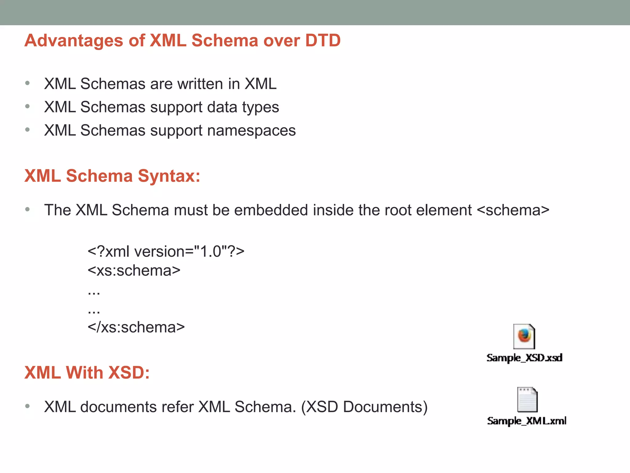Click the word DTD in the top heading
tap(323, 40)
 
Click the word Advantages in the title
tap(74, 40)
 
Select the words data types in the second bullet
tap(243, 107)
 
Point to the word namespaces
tap(251, 131)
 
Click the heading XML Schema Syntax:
tap(112, 176)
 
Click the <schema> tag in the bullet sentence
tap(513, 210)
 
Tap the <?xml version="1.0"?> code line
tap(166, 252)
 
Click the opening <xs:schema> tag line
tap(134, 271)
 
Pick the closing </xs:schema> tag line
tap(136, 327)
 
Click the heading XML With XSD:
tap(87, 373)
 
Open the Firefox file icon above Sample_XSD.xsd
tap(524, 336)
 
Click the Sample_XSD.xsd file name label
tap(524, 358)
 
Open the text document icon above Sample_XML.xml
tap(527, 400)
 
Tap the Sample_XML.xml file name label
tap(526, 421)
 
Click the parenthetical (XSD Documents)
tap(364, 407)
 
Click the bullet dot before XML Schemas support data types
tap(27, 107)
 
